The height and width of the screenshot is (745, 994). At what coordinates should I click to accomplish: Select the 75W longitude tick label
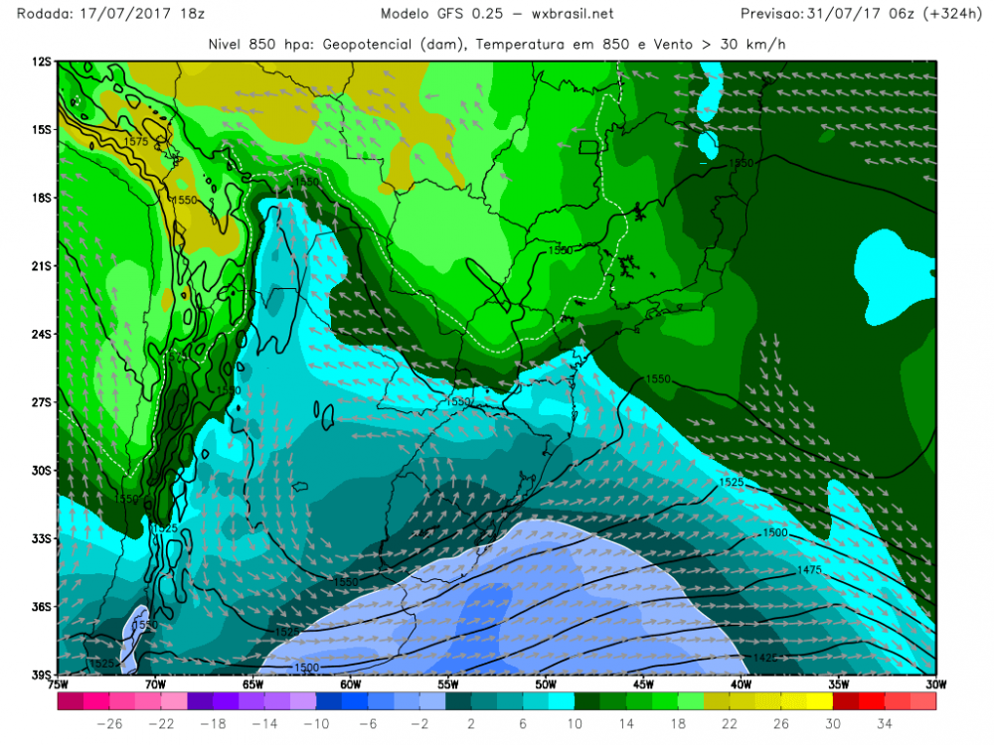[x=58, y=683]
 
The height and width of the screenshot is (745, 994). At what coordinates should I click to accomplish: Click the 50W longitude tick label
[x=545, y=683]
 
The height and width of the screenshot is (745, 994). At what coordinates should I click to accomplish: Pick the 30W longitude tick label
[x=934, y=683]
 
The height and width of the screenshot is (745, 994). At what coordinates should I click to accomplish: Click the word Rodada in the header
[x=31, y=14]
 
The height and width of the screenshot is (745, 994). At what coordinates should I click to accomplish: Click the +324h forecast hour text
[x=953, y=14]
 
